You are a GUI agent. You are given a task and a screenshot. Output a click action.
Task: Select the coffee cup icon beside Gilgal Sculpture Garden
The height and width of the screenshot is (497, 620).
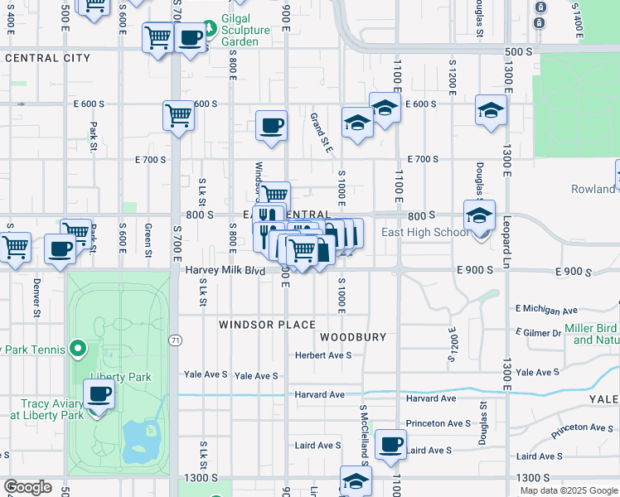[x=191, y=38]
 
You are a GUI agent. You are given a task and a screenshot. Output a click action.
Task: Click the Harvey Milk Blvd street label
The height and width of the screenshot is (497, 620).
[x=225, y=270]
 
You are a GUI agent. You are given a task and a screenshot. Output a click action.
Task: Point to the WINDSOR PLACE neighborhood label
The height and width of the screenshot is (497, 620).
[x=267, y=325]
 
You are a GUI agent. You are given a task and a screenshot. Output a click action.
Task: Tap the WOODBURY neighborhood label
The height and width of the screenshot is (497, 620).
[x=353, y=337]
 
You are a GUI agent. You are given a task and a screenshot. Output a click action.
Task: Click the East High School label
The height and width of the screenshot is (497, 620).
[x=424, y=232]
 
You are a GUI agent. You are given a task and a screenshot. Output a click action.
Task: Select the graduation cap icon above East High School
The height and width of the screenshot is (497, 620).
[x=478, y=215]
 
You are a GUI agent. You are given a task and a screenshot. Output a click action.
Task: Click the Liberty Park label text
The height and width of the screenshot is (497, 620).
[x=125, y=377]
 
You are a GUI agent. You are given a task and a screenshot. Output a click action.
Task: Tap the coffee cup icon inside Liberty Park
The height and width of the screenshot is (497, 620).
[x=99, y=394]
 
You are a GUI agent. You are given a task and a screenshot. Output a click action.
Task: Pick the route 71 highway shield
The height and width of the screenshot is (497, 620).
[x=175, y=340]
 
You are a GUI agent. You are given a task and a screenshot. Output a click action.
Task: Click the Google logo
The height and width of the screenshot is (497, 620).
[x=27, y=487]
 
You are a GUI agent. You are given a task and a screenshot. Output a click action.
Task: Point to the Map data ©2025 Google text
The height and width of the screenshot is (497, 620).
[x=568, y=490]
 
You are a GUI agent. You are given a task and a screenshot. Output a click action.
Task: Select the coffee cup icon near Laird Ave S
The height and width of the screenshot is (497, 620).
[x=390, y=444]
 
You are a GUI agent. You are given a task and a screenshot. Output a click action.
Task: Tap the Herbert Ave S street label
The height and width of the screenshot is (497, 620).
[x=324, y=355]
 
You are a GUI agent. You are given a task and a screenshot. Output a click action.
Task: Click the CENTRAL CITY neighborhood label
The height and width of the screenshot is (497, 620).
[x=47, y=58]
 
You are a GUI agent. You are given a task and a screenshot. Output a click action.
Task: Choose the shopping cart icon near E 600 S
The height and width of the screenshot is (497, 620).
[x=178, y=117]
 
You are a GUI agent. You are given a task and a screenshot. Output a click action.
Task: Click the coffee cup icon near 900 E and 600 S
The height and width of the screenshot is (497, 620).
[x=271, y=126]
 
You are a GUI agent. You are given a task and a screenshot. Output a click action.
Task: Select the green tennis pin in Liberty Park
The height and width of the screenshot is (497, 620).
[x=78, y=349]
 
